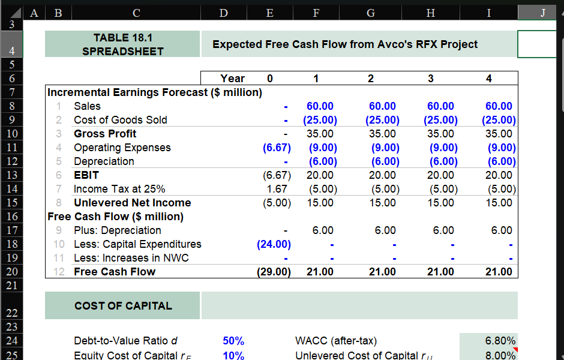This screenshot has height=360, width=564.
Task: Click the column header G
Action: coord(371,12)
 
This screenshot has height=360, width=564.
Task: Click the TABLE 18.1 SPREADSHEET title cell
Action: coord(122,44)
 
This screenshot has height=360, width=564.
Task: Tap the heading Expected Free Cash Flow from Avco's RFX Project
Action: coord(345,44)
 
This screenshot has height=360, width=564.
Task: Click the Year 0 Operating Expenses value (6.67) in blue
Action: coord(277,148)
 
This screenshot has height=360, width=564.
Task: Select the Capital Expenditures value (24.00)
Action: coord(274,244)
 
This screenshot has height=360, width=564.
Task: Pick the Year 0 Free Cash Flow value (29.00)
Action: coord(274,272)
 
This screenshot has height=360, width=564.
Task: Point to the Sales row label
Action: coord(87,106)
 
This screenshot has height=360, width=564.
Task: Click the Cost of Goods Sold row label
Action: coord(120,120)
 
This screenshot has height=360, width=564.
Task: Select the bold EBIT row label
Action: coord(86,175)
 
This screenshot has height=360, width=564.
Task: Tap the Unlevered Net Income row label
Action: coord(132,203)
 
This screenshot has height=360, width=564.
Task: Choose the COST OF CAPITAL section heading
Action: coord(123,306)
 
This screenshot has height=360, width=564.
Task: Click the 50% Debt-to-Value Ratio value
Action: coord(233,341)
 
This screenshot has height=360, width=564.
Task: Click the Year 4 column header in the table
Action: coord(488,79)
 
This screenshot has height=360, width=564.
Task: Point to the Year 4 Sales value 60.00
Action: coord(499,106)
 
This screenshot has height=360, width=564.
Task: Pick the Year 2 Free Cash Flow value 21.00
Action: coord(382,272)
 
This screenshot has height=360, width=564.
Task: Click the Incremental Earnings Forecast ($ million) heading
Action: coord(155,92)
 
